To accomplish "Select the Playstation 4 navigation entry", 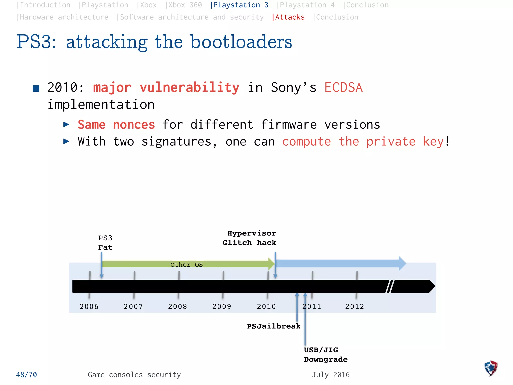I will [307, 5].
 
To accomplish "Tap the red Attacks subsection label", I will [290, 17].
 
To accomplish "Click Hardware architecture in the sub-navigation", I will [64, 17].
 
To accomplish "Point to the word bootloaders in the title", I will [241, 42].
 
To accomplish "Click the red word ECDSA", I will [343, 88].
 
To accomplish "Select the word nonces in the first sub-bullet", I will [134, 125].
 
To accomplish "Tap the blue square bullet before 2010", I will [36, 88].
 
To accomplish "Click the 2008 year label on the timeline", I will [177, 306].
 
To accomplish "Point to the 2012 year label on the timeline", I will [354, 306].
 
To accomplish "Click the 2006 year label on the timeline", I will [89, 306].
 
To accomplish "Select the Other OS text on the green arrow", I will [186, 265].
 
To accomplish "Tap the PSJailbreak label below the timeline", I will [274, 326].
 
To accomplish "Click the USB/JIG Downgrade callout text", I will [325, 355].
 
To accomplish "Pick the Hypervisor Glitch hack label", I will [249, 238].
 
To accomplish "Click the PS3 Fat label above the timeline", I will [105, 243].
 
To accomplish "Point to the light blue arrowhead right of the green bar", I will [402, 263].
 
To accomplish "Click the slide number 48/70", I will [26, 375].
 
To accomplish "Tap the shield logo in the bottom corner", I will [491, 368].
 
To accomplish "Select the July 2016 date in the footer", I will [331, 375].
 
